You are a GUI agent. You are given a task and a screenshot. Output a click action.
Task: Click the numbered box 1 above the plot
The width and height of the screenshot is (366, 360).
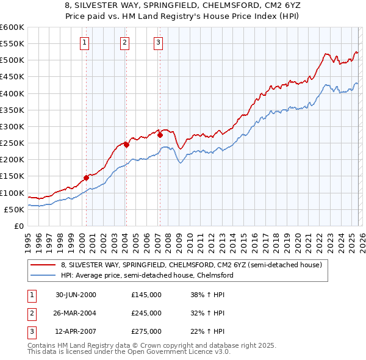point(84,42)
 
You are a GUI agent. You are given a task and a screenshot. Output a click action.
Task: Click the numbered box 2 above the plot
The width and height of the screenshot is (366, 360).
point(124,42)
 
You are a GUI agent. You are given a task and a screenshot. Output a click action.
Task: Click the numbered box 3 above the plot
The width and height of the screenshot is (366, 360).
point(158,42)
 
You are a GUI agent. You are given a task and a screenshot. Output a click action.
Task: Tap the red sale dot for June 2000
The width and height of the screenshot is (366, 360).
point(86,178)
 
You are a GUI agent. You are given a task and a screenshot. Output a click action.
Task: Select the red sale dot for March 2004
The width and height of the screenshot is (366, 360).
point(126,145)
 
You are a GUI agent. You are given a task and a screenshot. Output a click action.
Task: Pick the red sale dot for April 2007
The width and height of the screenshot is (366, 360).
point(159,135)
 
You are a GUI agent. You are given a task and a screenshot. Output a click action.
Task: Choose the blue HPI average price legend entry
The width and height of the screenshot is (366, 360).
point(147,276)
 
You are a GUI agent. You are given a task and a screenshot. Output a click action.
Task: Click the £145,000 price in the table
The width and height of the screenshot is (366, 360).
point(146,295)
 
